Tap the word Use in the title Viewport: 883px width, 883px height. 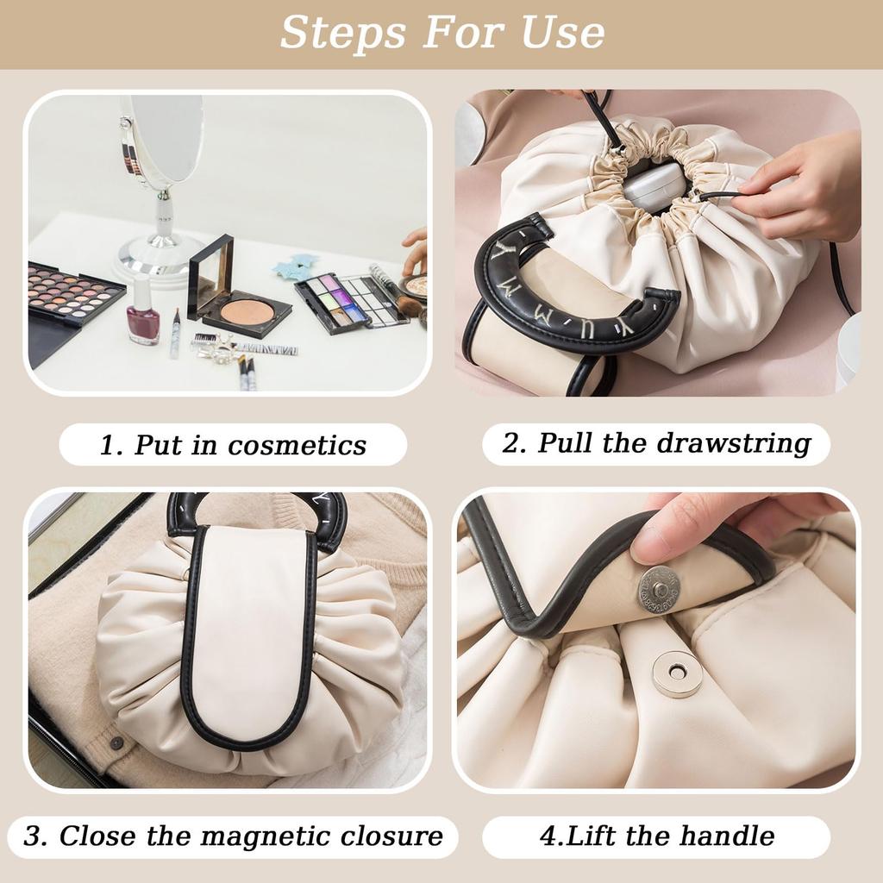pyautogui.click(x=561, y=33)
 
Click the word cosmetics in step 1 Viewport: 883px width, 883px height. pyautogui.click(x=297, y=446)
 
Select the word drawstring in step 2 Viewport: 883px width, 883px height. pyautogui.click(x=733, y=443)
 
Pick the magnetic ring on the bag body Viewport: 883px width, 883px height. pyautogui.click(x=677, y=673)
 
